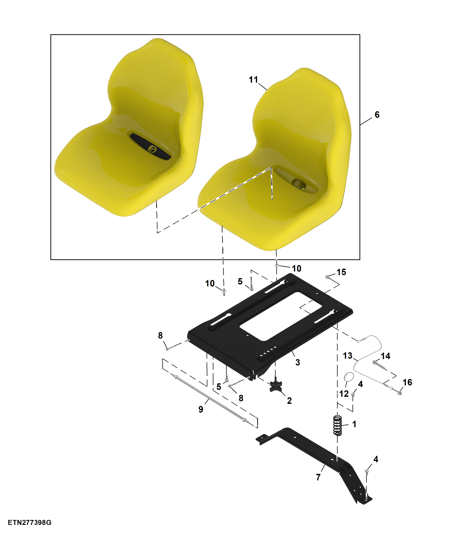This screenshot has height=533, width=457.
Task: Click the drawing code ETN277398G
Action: point(30,523)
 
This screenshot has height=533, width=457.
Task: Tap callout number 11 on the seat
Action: point(253,80)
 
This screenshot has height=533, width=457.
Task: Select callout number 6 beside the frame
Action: point(377,114)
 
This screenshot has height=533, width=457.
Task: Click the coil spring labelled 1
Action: point(338,425)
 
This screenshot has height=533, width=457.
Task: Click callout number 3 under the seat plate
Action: point(298,362)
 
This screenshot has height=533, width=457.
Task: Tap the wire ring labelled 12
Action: point(349,377)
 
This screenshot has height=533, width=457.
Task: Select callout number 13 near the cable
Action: point(347,356)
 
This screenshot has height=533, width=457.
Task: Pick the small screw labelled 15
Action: point(327,277)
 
